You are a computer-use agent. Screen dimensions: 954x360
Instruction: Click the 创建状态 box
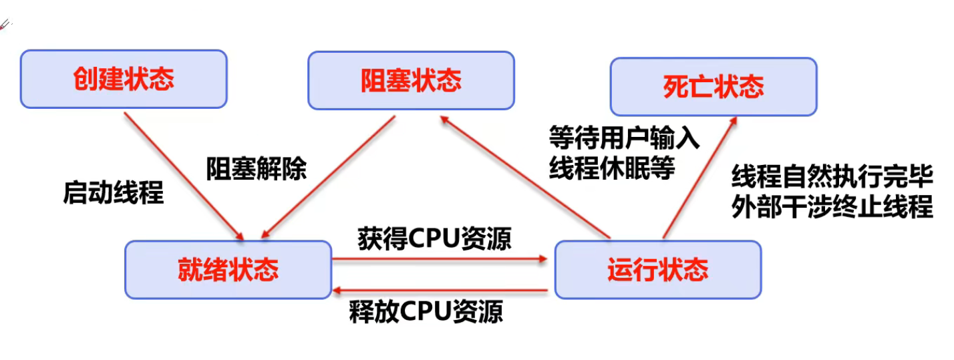click(124, 79)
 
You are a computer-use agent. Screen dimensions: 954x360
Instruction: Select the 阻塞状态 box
click(412, 81)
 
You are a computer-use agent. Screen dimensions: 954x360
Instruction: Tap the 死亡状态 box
click(713, 87)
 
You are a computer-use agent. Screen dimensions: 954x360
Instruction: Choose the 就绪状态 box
click(228, 270)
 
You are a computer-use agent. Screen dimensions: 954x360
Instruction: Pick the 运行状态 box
click(658, 270)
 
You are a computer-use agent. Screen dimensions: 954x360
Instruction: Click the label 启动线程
click(114, 192)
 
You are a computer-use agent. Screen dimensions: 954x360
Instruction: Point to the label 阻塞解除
click(257, 169)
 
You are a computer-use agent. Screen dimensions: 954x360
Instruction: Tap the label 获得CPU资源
click(434, 238)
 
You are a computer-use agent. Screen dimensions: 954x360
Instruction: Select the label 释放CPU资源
click(426, 311)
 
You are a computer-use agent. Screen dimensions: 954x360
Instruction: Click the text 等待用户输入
click(625, 138)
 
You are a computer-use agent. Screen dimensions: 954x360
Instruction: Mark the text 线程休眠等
click(612, 168)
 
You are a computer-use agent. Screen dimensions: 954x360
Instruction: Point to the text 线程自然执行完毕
click(832, 176)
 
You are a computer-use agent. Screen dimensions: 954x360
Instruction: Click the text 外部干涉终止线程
click(832, 206)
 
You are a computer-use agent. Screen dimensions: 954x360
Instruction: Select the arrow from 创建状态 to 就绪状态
click(184, 176)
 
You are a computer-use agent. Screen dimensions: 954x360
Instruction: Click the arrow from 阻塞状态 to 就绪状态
click(329, 177)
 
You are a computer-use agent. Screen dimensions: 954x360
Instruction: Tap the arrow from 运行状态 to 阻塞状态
click(525, 177)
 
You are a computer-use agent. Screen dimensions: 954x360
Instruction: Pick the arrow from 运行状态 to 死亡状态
click(700, 178)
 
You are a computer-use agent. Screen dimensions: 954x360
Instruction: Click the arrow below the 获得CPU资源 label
click(440, 258)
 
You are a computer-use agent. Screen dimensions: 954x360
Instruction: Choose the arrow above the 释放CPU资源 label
click(440, 291)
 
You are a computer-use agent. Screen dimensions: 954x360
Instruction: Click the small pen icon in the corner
click(5, 25)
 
